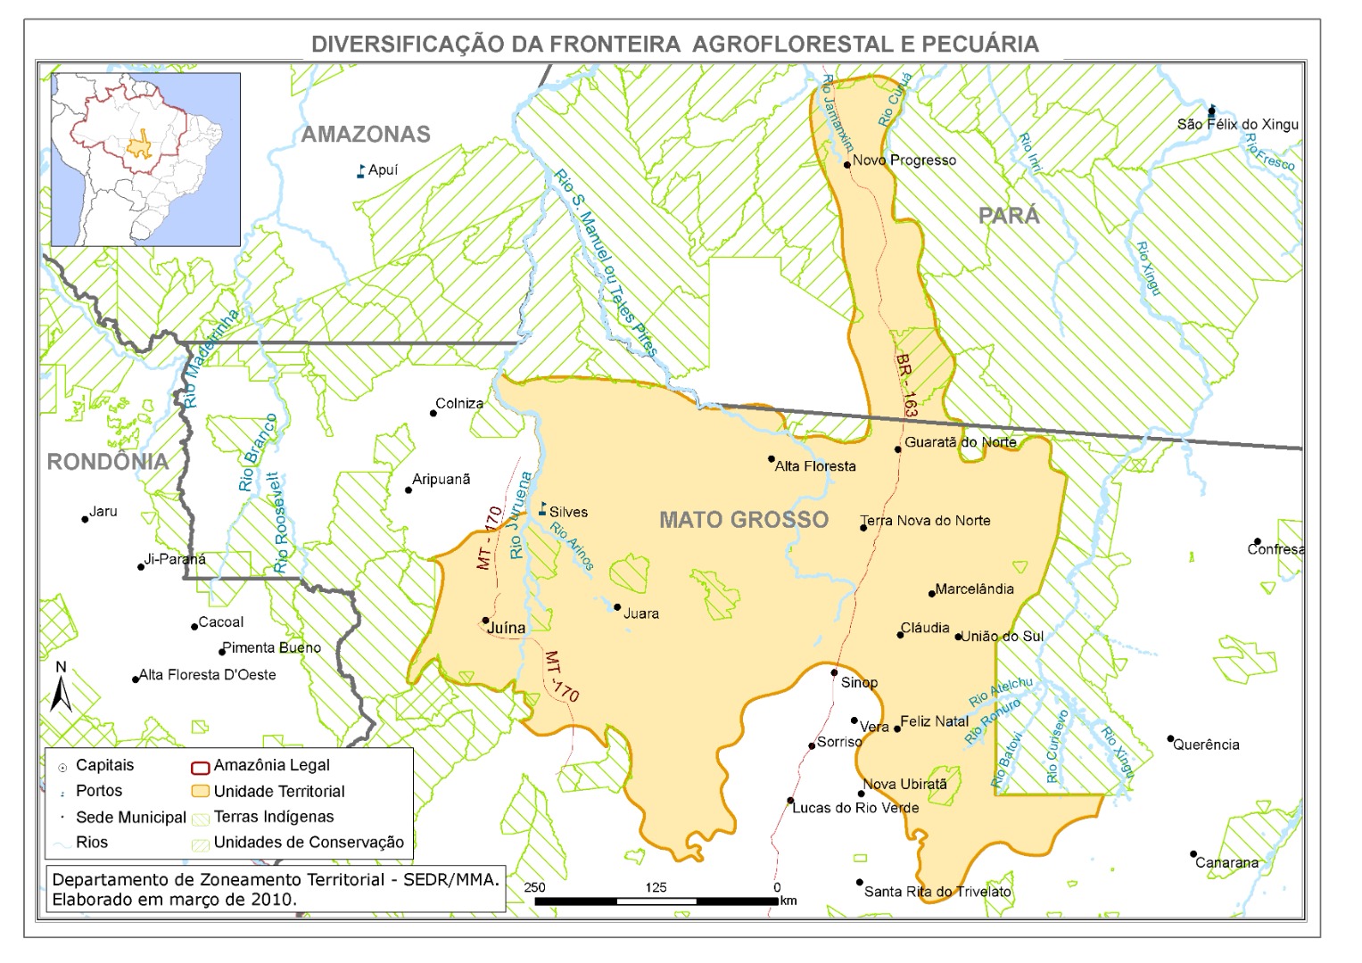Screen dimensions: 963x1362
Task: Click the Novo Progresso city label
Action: pyautogui.click(x=904, y=160)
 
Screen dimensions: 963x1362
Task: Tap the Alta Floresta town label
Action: pyautogui.click(x=814, y=466)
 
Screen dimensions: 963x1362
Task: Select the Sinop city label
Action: pyautogui.click(x=859, y=683)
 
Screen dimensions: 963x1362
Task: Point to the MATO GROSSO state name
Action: pyautogui.click(x=744, y=520)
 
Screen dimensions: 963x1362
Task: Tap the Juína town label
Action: pyautogui.click(x=506, y=628)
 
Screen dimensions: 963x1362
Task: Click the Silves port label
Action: pyautogui.click(x=568, y=512)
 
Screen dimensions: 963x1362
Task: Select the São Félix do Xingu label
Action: pyautogui.click(x=1237, y=124)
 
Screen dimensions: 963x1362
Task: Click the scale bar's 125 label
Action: pyautogui.click(x=656, y=887)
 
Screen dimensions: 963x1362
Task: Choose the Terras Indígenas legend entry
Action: pyautogui.click(x=273, y=817)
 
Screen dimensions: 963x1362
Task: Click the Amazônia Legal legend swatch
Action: pyautogui.click(x=200, y=766)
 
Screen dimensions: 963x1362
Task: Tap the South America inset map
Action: pyautogui.click(x=146, y=160)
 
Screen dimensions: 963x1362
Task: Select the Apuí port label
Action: pyautogui.click(x=383, y=170)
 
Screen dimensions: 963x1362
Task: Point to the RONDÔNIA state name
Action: pyautogui.click(x=107, y=462)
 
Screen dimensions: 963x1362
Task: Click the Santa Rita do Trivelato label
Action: pyautogui.click(x=937, y=892)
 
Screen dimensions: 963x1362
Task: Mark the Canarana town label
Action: pyautogui.click(x=1226, y=862)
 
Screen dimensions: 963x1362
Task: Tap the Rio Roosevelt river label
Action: pyautogui.click(x=280, y=523)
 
